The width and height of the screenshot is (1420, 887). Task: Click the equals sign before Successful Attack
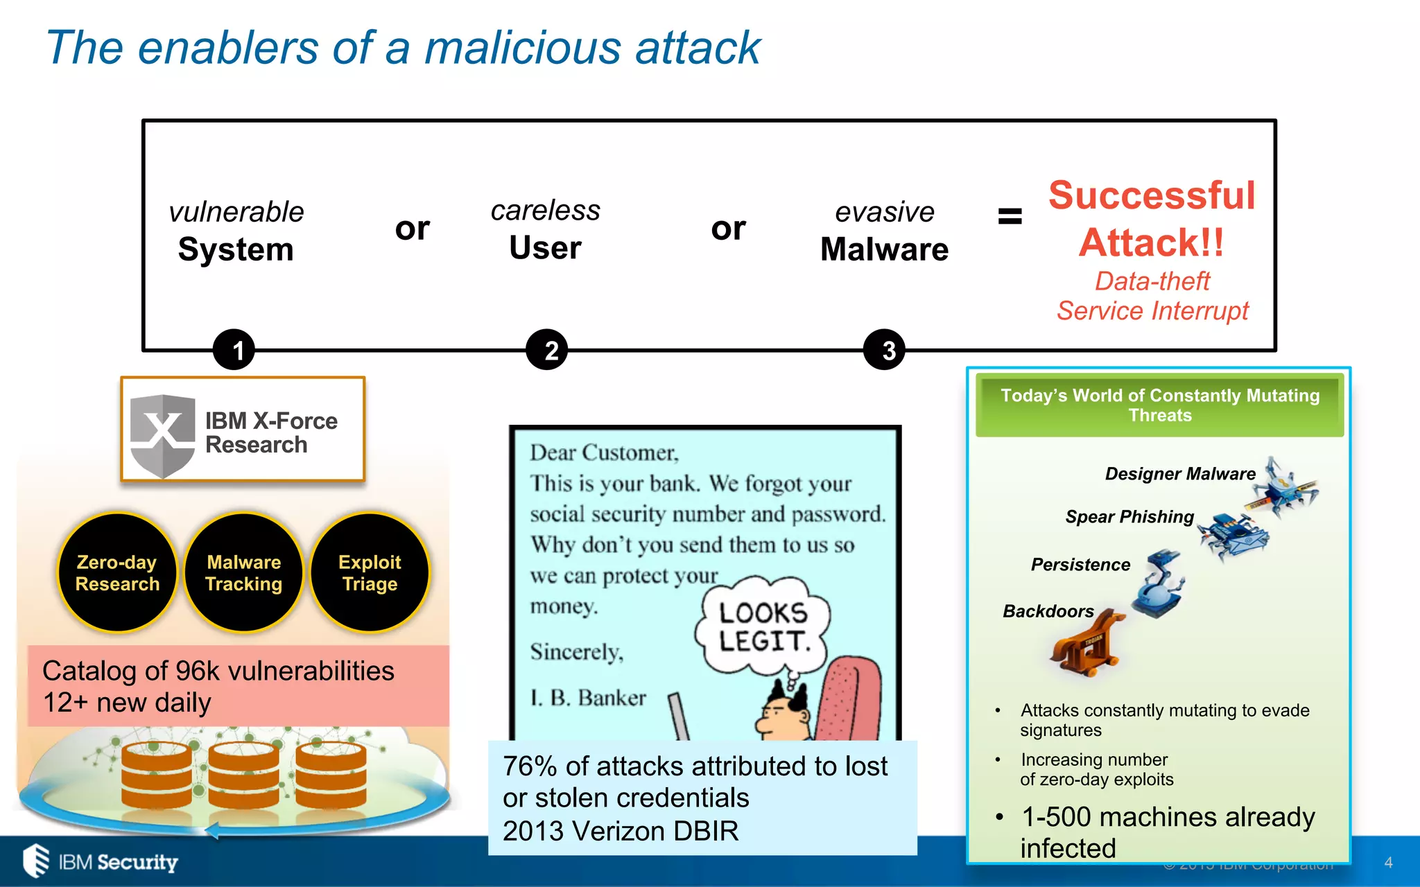pyautogui.click(x=1010, y=216)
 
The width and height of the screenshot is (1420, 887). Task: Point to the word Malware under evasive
pyautogui.click(x=884, y=249)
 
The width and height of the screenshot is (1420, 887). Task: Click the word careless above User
pyautogui.click(x=545, y=211)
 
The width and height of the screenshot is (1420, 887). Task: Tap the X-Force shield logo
pyautogui.click(x=163, y=434)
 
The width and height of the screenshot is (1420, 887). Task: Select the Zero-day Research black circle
pyautogui.click(x=117, y=572)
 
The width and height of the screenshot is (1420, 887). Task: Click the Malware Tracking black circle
pyautogui.click(x=244, y=572)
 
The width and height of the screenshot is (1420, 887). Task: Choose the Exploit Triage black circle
pyautogui.click(x=370, y=572)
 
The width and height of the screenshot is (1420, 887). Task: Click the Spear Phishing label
pyautogui.click(x=1129, y=517)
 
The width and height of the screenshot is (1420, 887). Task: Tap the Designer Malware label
pyautogui.click(x=1180, y=474)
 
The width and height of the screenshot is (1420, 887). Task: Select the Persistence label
pyautogui.click(x=1080, y=565)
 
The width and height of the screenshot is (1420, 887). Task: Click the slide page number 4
pyautogui.click(x=1388, y=863)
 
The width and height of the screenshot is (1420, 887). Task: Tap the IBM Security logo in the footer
pyautogui.click(x=101, y=861)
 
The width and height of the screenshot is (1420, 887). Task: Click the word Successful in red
pyautogui.click(x=1152, y=195)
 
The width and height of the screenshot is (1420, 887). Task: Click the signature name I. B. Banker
pyautogui.click(x=588, y=698)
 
